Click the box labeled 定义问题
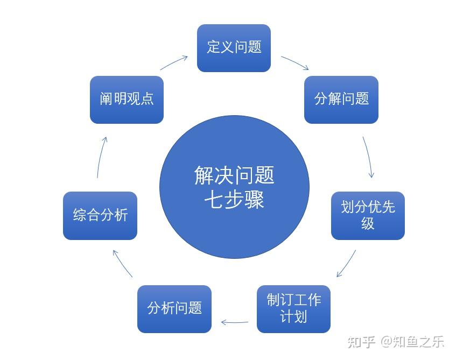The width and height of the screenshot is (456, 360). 234,48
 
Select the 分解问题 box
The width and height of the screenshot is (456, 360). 341,100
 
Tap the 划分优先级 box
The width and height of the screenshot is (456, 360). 368,215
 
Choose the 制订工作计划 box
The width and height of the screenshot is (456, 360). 293,308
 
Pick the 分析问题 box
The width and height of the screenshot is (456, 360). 174,308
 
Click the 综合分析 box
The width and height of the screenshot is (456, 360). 100,215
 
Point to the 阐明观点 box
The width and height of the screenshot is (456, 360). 127,100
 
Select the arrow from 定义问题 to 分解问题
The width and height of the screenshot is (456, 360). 294,63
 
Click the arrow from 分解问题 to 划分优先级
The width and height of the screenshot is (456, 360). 369,157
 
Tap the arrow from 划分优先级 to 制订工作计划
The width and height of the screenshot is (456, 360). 346,264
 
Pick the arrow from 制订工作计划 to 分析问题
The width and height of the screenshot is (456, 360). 234,323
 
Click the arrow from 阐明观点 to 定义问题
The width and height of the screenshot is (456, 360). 173,62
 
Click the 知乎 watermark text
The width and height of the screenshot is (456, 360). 361,342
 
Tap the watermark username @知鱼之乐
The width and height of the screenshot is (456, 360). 412,342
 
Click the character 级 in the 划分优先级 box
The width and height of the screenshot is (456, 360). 368,223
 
